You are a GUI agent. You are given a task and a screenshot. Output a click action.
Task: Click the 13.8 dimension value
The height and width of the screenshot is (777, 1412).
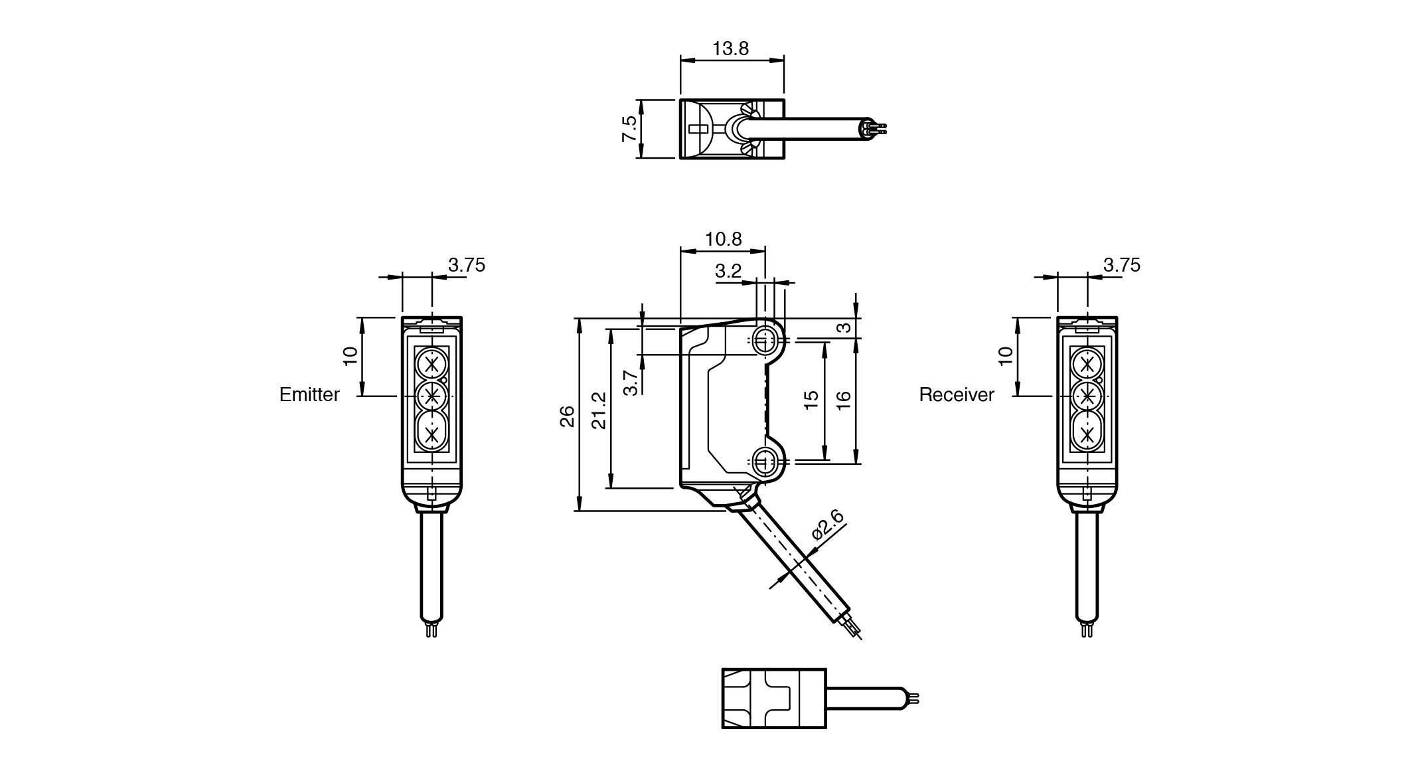point(730,48)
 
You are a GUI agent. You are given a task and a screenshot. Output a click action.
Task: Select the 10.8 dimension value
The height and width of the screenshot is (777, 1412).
point(724,239)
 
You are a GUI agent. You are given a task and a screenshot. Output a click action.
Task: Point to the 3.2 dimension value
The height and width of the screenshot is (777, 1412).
point(728,271)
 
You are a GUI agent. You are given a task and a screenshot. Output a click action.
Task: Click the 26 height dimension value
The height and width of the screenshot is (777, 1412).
point(567,416)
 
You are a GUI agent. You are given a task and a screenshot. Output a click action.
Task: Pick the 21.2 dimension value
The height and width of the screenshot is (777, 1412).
point(599,410)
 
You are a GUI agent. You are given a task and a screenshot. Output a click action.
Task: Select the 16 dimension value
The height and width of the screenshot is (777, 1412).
point(843,400)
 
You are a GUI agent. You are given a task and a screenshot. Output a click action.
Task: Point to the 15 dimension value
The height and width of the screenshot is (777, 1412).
point(811,400)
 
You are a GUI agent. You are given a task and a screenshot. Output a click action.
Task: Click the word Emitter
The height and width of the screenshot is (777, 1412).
point(309,395)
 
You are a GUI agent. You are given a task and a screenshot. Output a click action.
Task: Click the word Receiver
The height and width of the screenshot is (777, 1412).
point(957,395)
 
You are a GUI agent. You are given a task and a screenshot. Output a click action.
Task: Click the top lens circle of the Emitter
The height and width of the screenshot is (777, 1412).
point(432,364)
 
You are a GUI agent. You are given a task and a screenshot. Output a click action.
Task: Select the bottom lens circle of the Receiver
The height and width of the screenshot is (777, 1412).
point(1087,435)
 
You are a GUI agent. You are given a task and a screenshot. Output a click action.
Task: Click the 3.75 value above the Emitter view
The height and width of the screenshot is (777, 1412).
point(467,266)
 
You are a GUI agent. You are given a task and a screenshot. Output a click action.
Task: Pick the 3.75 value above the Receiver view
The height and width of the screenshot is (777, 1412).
point(1122,266)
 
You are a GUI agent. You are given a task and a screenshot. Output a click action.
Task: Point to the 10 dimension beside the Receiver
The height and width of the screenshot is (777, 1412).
point(1006,355)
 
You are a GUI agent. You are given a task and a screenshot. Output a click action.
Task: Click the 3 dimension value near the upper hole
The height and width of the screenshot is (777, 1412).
point(843,328)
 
